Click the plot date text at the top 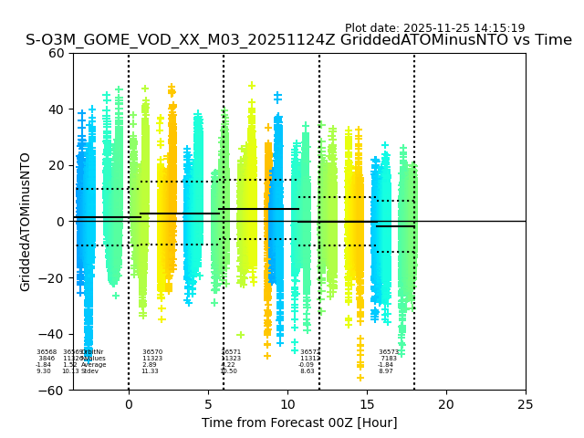tap(434, 28)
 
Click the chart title tap(298, 40)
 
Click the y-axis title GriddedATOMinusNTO tap(26, 222)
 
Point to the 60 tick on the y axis tap(57, 53)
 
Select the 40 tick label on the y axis tap(57, 109)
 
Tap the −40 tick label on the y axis tap(53, 334)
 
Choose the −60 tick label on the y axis tap(53, 391)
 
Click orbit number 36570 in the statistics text tap(152, 352)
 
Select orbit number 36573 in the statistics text tap(389, 352)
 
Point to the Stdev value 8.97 tap(386, 371)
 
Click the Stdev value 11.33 tap(150, 371)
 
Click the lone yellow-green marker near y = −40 tap(241, 335)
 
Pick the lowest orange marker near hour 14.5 tap(360, 377)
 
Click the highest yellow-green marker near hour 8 tap(252, 86)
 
